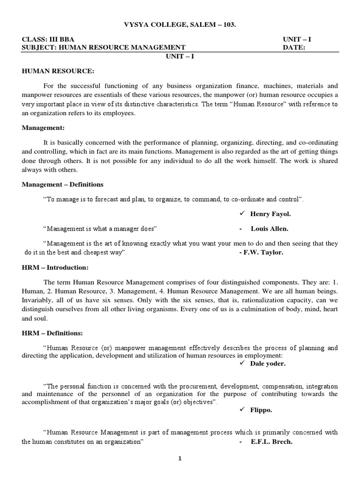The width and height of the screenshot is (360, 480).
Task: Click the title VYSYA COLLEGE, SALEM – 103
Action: coord(180,24)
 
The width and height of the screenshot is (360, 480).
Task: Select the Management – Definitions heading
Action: coord(63,184)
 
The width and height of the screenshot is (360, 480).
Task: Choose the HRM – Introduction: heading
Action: coord(55,268)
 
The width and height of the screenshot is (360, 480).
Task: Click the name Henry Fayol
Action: coord(270,214)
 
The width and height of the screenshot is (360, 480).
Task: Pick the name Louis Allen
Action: coord(270,229)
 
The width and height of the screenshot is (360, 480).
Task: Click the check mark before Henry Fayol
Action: coord(242,214)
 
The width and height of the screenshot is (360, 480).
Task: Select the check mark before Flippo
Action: coord(242,410)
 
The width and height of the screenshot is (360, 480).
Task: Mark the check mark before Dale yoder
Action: coord(242,363)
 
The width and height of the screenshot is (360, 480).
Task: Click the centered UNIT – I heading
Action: coord(180,55)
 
